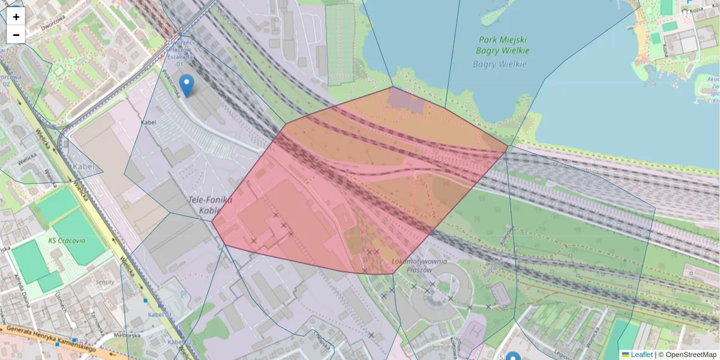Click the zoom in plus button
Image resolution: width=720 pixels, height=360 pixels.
16,17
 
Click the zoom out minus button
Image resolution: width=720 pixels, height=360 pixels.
16,35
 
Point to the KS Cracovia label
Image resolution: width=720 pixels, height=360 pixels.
67,240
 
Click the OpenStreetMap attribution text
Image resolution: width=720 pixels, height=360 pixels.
687,355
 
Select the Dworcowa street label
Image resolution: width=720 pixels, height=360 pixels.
52,26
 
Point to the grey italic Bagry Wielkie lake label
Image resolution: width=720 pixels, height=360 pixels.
500,64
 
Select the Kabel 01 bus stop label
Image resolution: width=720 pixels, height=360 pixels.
160,314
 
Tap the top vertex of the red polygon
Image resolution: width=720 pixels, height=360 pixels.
393,87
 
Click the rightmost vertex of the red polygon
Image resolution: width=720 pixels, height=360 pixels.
508,146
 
